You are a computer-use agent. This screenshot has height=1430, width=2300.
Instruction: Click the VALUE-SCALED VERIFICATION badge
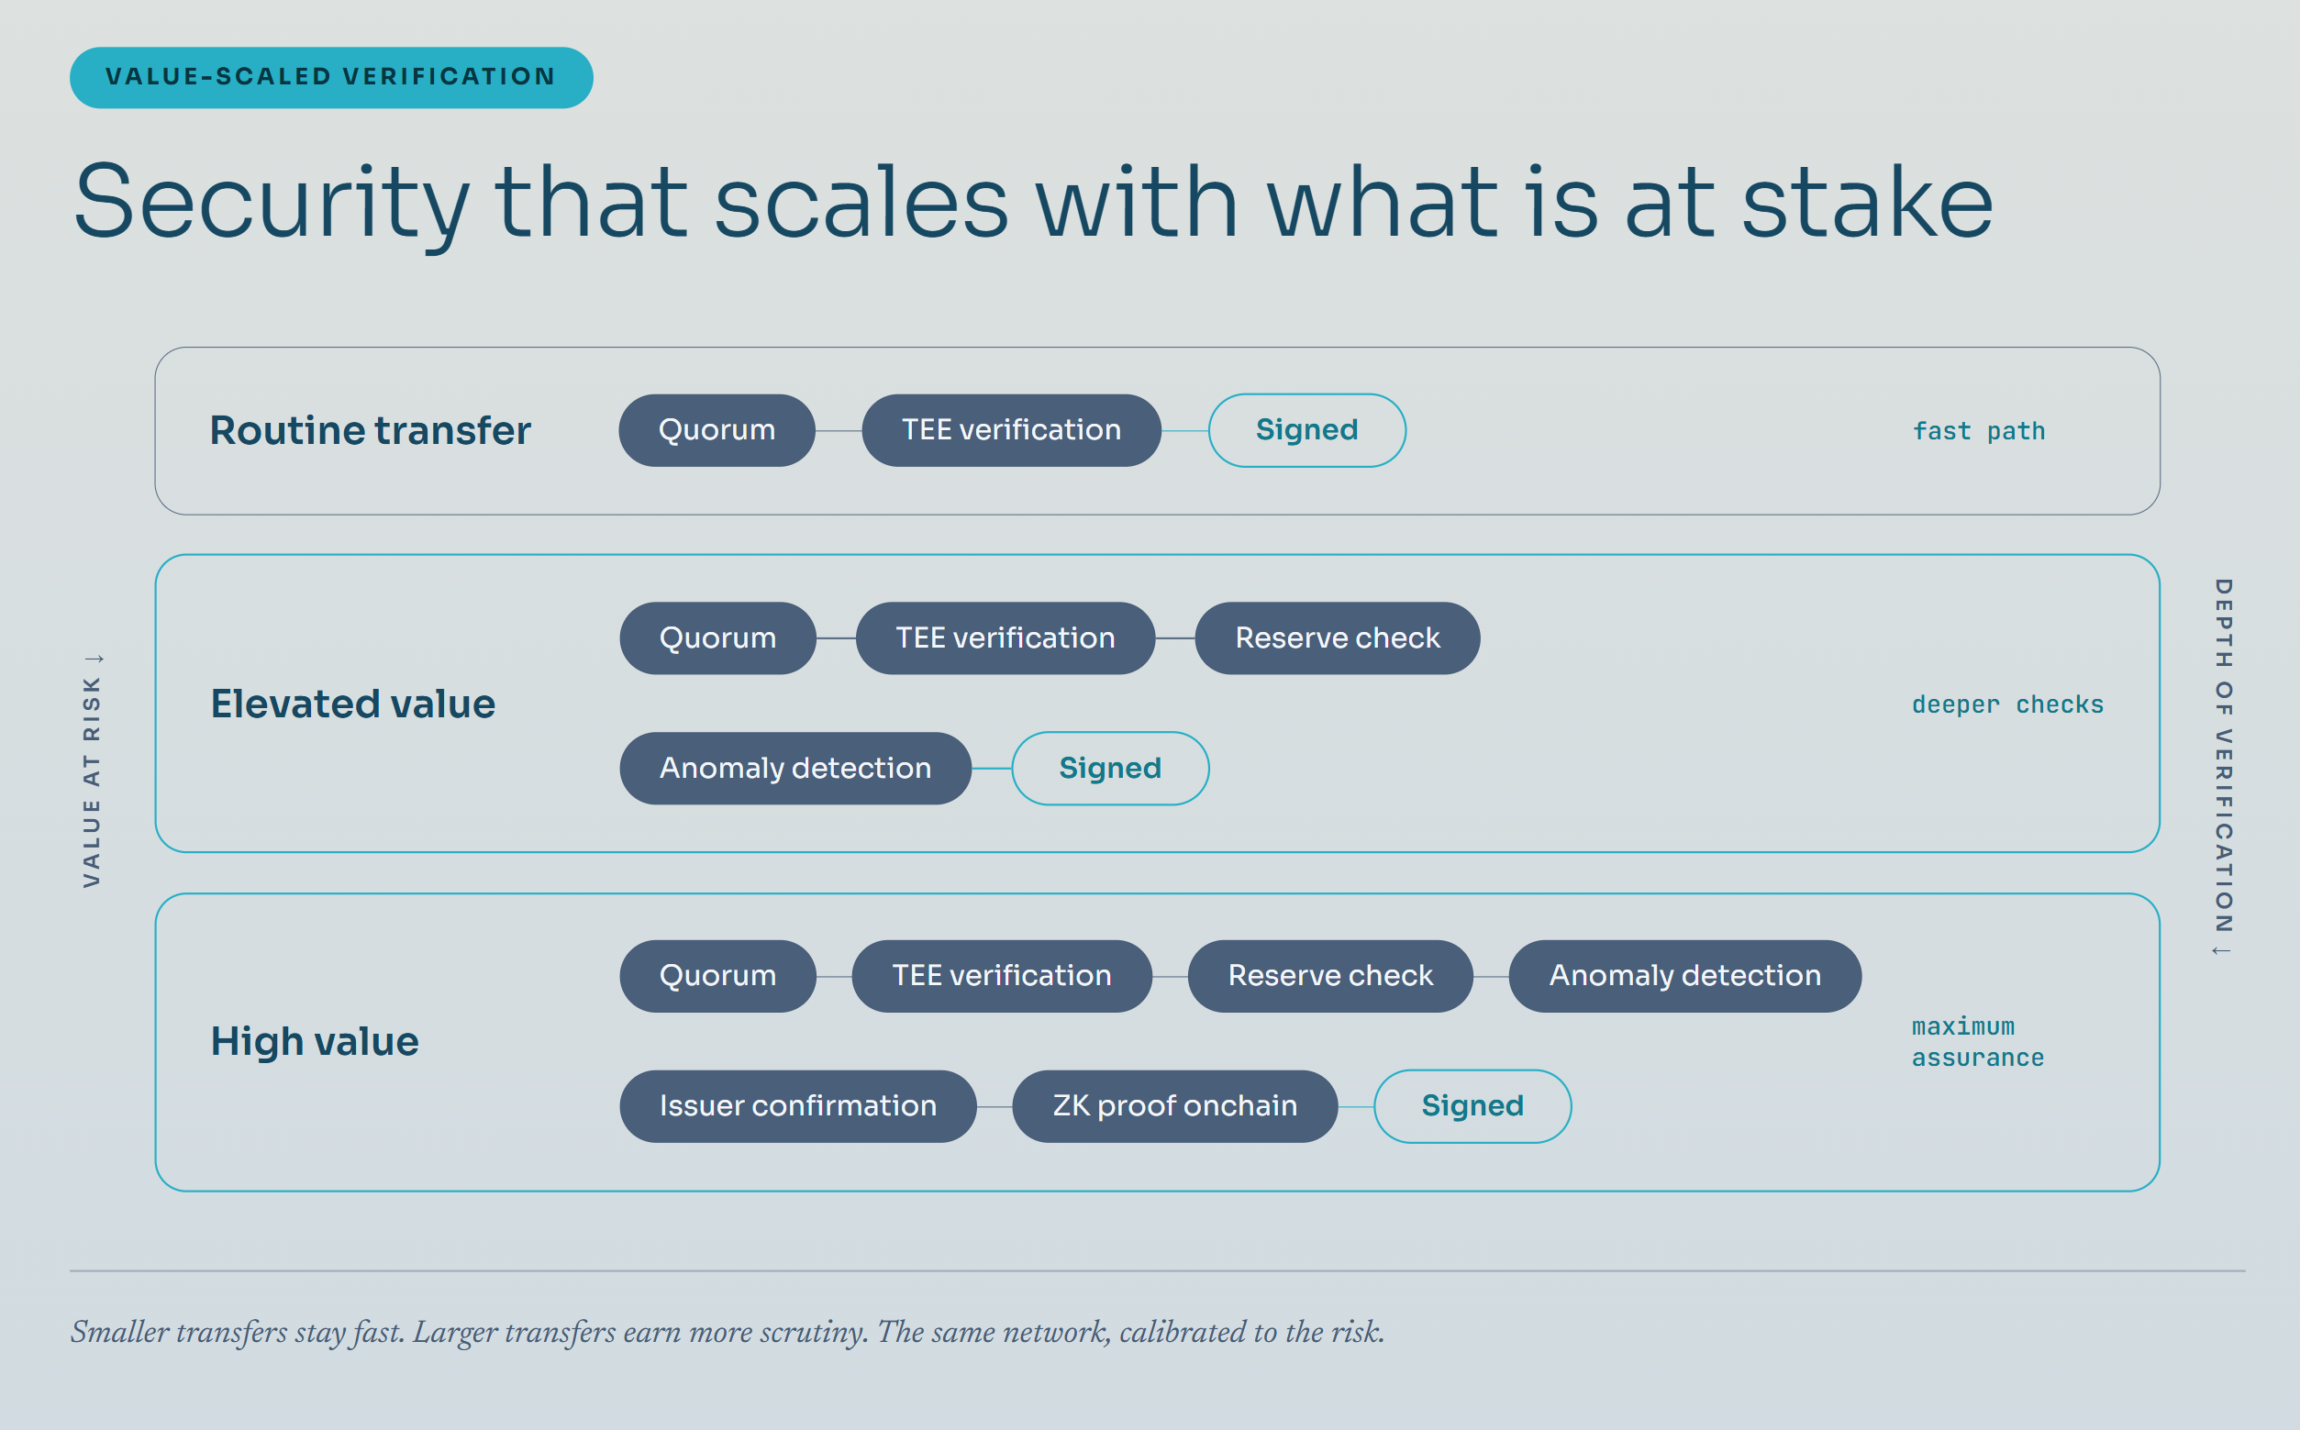[331, 78]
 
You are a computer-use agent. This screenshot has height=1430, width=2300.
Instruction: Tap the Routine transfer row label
[370, 430]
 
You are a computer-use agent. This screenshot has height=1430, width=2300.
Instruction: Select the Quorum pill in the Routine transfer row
[717, 430]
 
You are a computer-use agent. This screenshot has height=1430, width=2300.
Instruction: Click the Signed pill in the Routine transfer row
[1307, 430]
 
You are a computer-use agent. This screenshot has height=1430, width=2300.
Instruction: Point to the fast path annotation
[1979, 431]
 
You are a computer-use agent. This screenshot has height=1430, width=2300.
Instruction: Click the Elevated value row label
[353, 704]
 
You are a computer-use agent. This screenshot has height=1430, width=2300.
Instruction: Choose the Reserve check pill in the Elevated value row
[1338, 638]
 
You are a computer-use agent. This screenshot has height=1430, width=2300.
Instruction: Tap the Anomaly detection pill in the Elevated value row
[795, 768]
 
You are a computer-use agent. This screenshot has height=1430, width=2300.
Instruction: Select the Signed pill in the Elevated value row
[1110, 768]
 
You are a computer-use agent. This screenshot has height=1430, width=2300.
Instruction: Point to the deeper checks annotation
[2007, 704]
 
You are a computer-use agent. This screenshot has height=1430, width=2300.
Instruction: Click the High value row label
[314, 1041]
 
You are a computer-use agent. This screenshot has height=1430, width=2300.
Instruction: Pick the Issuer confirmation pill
[798, 1106]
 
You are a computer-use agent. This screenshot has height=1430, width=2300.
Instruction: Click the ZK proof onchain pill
[1174, 1106]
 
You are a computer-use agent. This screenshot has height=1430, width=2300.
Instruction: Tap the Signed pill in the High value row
[1472, 1106]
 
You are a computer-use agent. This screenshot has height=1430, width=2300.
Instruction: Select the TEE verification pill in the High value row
[1002, 976]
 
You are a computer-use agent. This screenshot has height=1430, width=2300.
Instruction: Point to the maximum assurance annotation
[1977, 1042]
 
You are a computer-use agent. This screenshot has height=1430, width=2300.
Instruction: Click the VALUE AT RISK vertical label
[92, 770]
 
